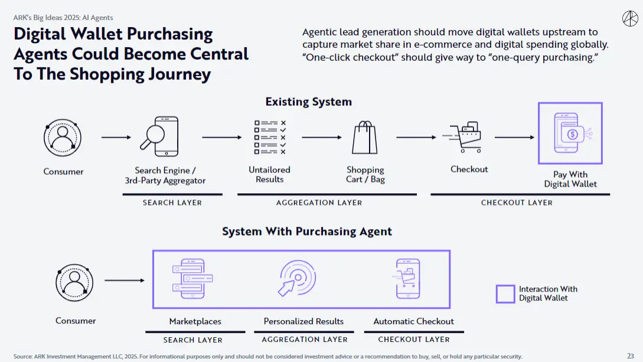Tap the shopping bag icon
coord(364,138)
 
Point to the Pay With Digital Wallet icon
coord(570,133)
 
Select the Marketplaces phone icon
coord(191,279)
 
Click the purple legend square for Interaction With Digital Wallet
coord(505,294)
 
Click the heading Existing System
coord(308,102)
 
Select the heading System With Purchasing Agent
coord(307,231)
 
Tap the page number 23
coord(630,356)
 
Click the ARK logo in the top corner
coord(629,18)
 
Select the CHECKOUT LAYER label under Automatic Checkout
coord(413,340)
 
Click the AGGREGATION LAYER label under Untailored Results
coord(319,203)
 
